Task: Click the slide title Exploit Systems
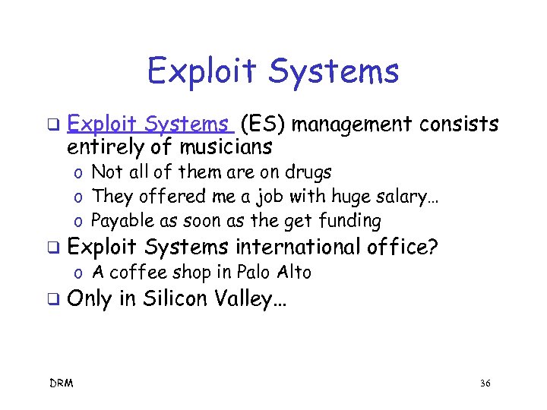click(x=273, y=71)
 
